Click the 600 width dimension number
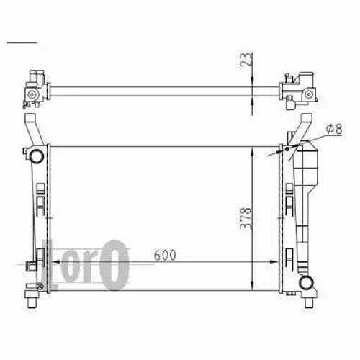165,255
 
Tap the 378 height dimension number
246,219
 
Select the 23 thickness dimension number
246,59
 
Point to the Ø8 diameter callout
334,129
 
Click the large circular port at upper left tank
37,156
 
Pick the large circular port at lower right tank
306,282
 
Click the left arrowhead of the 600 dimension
56,262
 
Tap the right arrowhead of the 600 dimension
274,262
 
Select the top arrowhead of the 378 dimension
252,152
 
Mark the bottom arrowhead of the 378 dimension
252,286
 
